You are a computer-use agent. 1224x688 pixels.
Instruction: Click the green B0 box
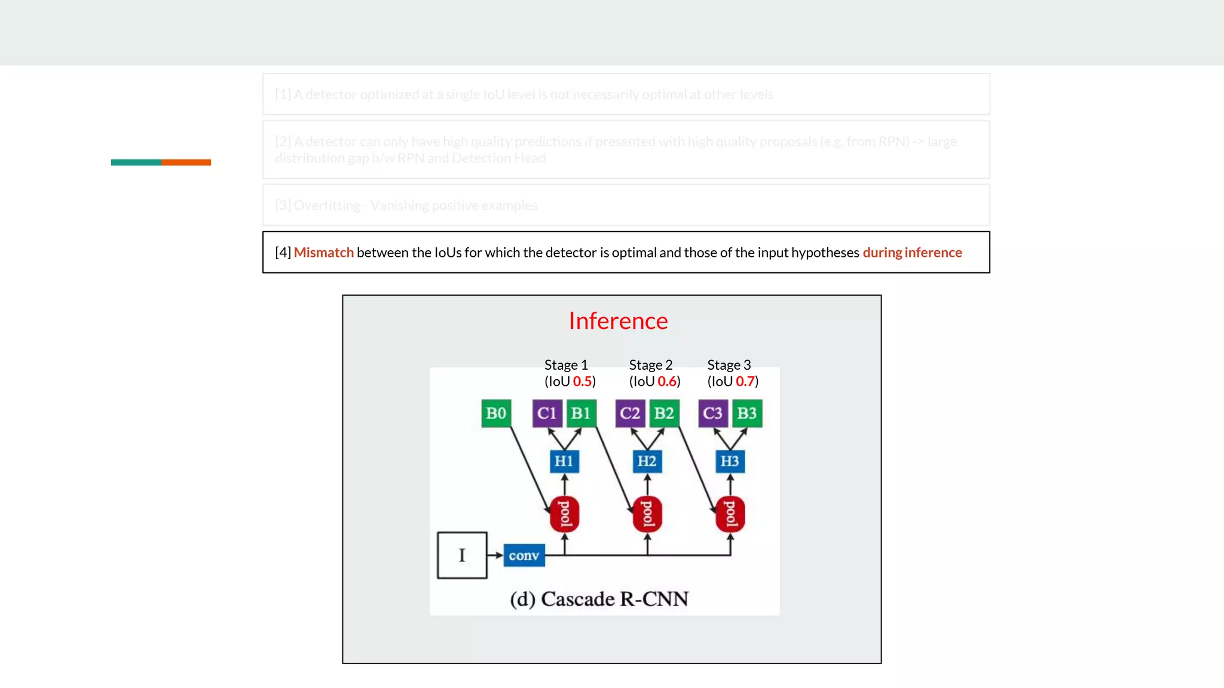click(x=496, y=413)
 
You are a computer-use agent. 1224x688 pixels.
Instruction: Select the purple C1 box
click(x=547, y=413)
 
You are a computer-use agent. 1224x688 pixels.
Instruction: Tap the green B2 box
click(x=664, y=413)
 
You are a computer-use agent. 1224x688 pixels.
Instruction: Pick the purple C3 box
click(x=712, y=413)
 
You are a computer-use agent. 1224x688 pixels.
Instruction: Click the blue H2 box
click(x=647, y=461)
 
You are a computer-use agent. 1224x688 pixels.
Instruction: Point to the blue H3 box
click(x=730, y=461)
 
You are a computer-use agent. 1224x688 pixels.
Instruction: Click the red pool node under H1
click(x=564, y=514)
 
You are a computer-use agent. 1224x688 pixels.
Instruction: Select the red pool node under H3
click(x=730, y=514)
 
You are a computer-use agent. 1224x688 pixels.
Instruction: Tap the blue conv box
click(x=524, y=555)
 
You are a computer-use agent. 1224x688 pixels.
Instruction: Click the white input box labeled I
click(x=462, y=555)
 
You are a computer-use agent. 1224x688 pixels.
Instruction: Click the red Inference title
click(x=618, y=321)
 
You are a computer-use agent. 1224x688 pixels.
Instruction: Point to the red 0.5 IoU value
click(x=582, y=382)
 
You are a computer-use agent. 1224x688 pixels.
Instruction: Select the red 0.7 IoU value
click(x=745, y=382)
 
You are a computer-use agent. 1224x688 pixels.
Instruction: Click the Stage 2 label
click(x=650, y=365)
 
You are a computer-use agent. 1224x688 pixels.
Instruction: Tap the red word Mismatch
click(x=323, y=253)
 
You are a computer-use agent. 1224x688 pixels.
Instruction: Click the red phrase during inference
click(x=912, y=253)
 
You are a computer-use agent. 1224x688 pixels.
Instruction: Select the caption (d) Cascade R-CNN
click(x=599, y=599)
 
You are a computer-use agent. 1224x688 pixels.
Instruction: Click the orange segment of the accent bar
click(x=186, y=162)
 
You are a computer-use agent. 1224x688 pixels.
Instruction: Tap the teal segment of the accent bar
click(x=136, y=162)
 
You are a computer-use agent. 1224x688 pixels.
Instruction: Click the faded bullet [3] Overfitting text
click(x=406, y=205)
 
